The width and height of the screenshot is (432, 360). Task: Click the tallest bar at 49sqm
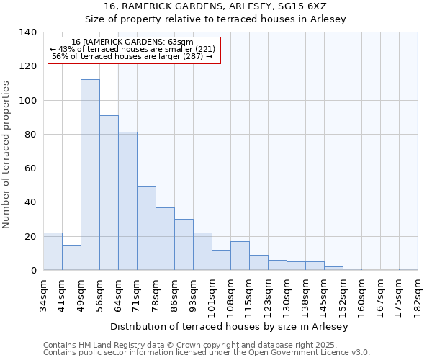tap(90, 175)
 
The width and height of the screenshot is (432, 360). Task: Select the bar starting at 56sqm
tap(109, 193)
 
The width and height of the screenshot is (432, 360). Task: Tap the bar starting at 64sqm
tap(127, 201)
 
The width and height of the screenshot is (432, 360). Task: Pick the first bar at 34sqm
tap(53, 251)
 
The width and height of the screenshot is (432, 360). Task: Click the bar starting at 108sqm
tap(240, 256)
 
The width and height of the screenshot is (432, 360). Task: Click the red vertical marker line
tap(117, 166)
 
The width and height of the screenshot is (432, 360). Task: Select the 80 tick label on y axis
tap(30, 135)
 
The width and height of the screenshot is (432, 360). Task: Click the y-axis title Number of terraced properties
tap(7, 155)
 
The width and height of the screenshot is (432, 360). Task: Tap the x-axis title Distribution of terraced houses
tap(230, 327)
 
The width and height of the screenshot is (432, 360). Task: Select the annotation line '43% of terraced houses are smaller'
tap(132, 49)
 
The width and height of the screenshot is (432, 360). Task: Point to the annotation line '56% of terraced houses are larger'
tap(132, 56)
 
